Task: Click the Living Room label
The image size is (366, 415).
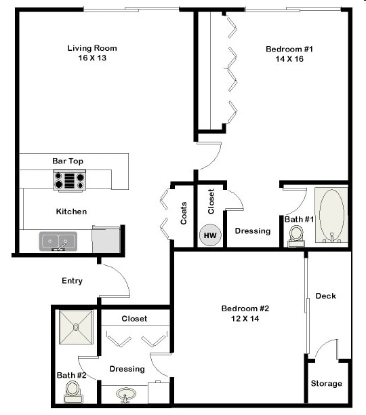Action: (x=92, y=48)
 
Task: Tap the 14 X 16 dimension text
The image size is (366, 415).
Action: (x=289, y=59)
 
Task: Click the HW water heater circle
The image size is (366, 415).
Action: (x=210, y=236)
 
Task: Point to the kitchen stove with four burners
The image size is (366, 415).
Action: (x=69, y=180)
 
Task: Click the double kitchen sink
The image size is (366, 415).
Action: (x=58, y=240)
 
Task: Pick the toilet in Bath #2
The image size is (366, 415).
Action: (x=73, y=390)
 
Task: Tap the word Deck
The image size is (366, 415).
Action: (x=325, y=296)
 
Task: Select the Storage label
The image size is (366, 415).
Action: (x=326, y=384)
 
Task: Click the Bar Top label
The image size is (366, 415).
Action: (x=68, y=161)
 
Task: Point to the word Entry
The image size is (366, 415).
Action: (x=72, y=281)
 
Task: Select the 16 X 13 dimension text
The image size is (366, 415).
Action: (x=92, y=58)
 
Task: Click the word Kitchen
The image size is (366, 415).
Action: (x=71, y=212)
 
